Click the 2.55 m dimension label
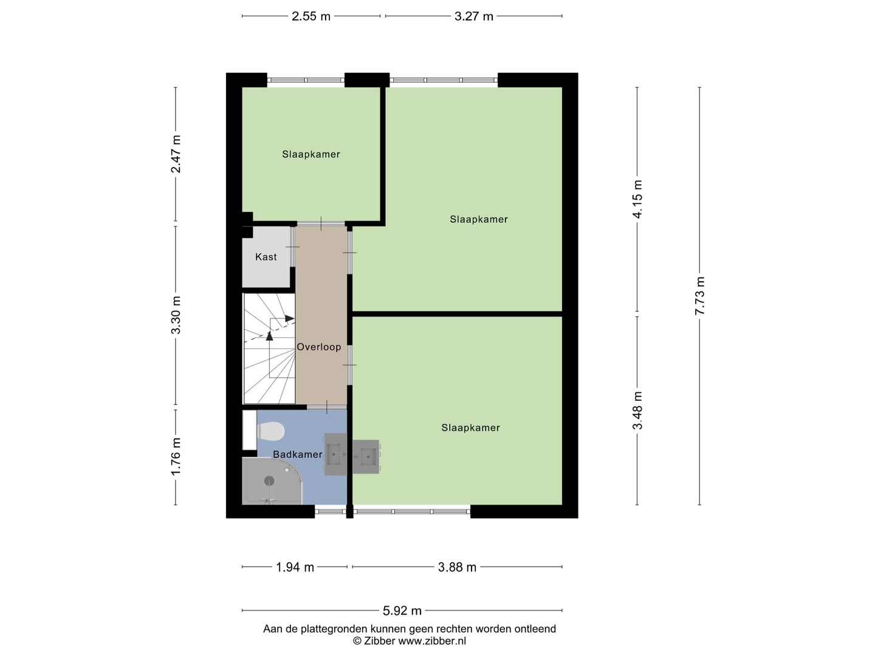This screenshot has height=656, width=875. [311, 16]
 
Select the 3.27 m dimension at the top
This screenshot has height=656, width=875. [473, 16]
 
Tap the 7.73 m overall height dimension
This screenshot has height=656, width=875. [700, 296]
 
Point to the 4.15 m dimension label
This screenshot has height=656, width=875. [637, 199]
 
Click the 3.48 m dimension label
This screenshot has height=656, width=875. [637, 410]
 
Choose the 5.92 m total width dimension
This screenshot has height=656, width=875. [402, 610]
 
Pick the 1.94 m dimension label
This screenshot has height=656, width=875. [295, 567]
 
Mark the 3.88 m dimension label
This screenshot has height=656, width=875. [457, 567]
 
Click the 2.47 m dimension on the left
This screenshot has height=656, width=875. [176, 154]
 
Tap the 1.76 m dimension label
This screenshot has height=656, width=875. [176, 456]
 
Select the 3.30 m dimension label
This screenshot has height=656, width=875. [176, 315]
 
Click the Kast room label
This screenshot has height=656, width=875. [266, 257]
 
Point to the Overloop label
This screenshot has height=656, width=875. [319, 347]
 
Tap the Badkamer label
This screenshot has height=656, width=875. [297, 454]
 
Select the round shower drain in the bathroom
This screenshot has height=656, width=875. [269, 480]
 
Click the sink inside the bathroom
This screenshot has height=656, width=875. [335, 454]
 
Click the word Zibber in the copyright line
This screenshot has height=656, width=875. [379, 641]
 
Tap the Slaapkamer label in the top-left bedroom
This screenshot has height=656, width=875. [311, 154]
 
